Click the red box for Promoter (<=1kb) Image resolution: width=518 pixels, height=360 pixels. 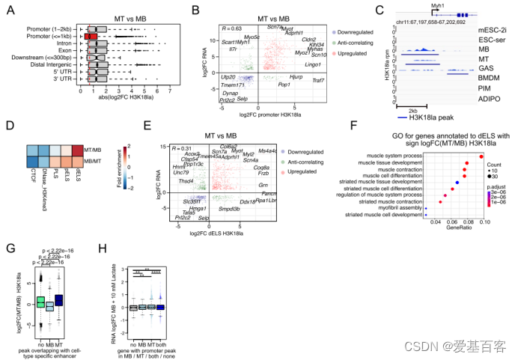90,35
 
